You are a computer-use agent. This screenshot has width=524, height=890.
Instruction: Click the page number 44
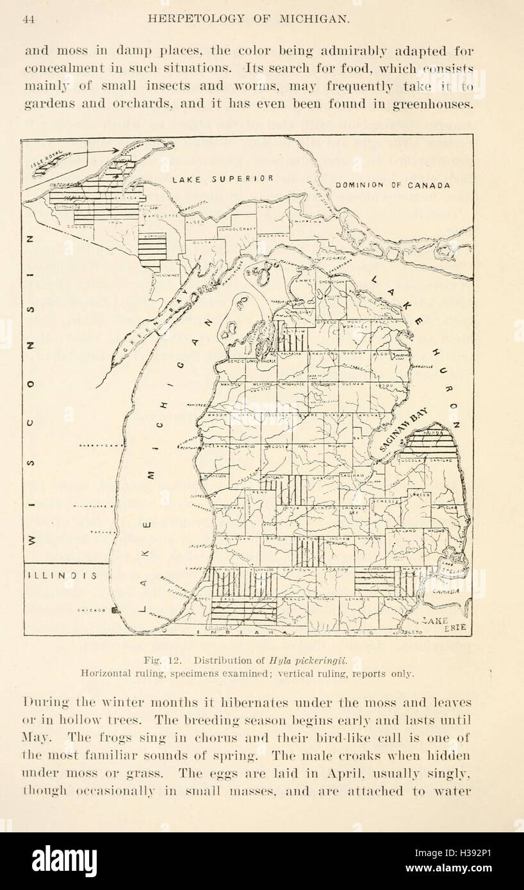(28, 19)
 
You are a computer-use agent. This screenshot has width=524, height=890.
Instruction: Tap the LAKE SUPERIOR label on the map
(223, 179)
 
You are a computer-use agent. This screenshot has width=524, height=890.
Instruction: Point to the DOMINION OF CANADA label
(393, 185)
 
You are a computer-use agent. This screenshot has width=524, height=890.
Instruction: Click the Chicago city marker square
(116, 610)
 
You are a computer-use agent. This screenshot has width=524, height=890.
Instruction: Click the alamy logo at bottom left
(64, 861)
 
